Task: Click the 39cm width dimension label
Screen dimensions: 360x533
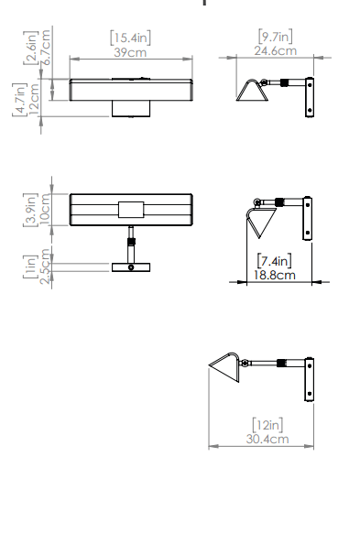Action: pos(130,53)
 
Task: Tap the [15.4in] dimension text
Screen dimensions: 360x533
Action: pos(131,38)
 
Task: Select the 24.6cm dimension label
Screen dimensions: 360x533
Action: pos(276,51)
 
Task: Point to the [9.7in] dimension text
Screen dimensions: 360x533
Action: pos(276,36)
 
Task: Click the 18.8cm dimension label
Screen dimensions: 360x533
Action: pos(275,275)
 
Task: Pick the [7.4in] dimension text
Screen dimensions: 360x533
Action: pos(274,261)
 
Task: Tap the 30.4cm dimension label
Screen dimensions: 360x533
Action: pos(267,439)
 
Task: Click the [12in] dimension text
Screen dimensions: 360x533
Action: pos(267,425)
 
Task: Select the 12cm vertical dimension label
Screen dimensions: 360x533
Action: pos(34,99)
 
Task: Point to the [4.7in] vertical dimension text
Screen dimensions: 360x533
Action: pos(20,99)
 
